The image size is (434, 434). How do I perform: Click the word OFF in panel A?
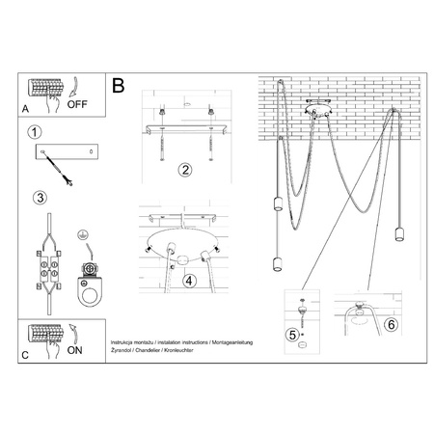coord(76,105)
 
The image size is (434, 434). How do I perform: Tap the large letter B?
coord(119,86)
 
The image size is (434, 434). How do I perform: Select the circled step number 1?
coord(35,132)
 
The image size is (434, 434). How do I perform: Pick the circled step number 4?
coord(190,281)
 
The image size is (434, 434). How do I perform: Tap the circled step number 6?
coord(391,324)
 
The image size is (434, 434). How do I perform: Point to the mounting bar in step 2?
coord(183,127)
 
